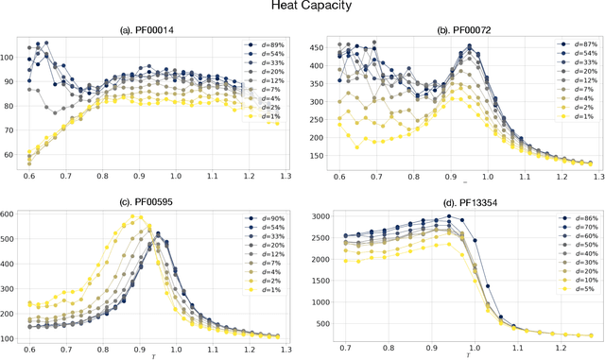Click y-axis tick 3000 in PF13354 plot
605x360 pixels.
pos(321,217)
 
